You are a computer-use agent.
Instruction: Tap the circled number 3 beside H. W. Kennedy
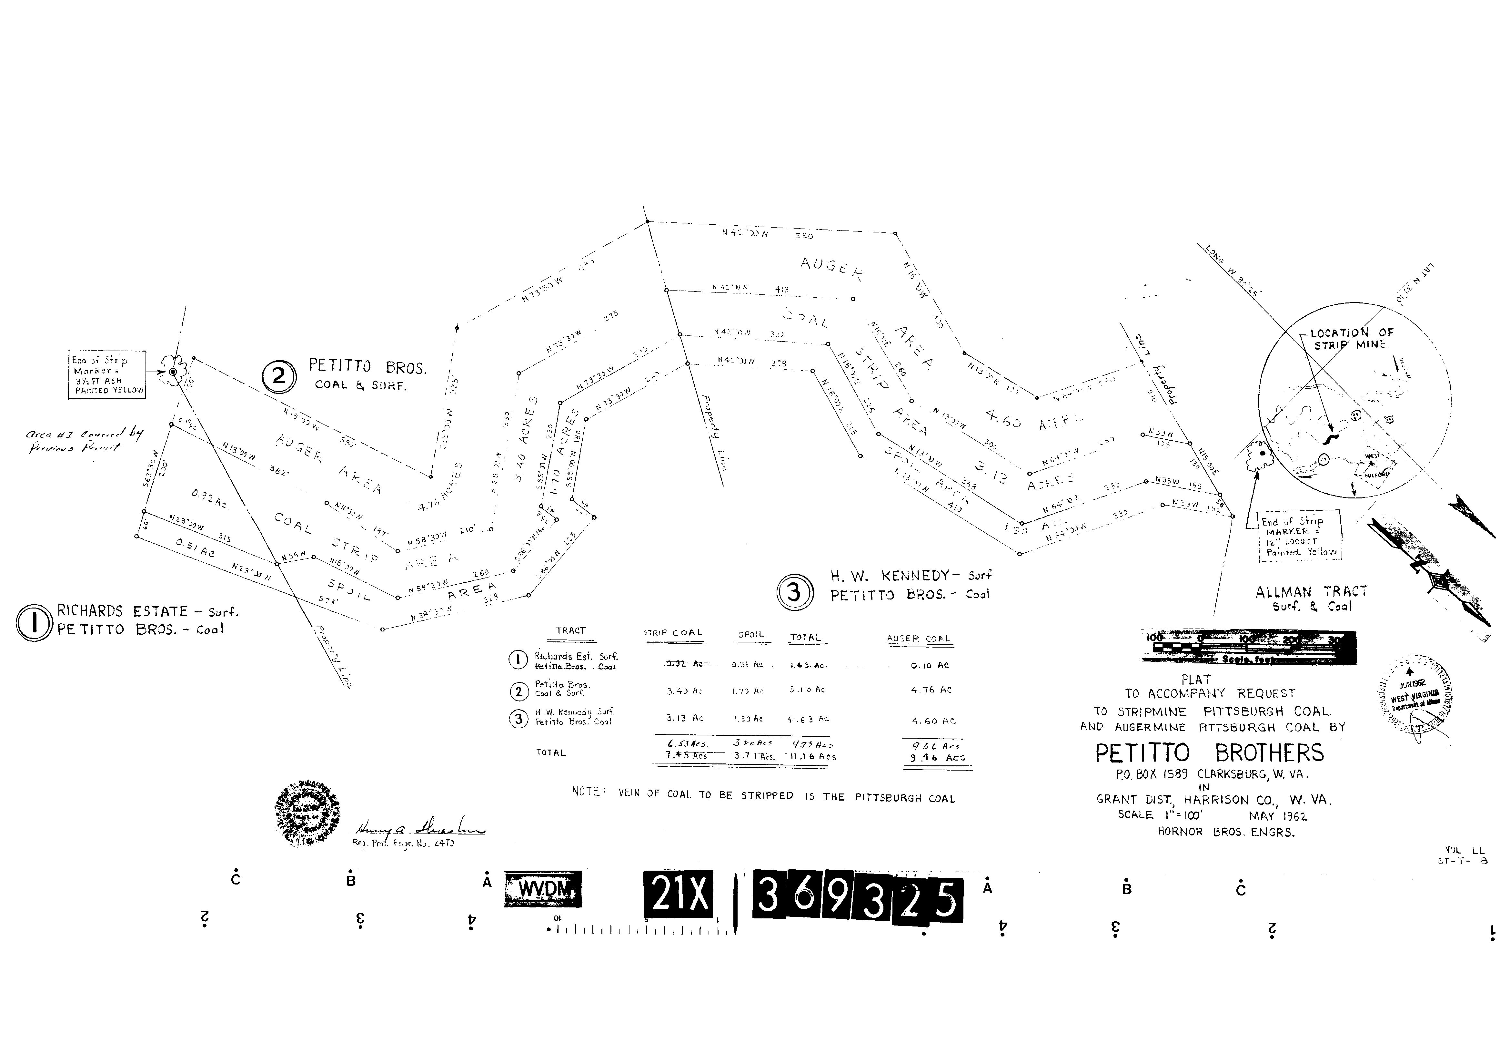(794, 592)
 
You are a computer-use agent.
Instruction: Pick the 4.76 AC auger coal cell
(931, 690)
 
